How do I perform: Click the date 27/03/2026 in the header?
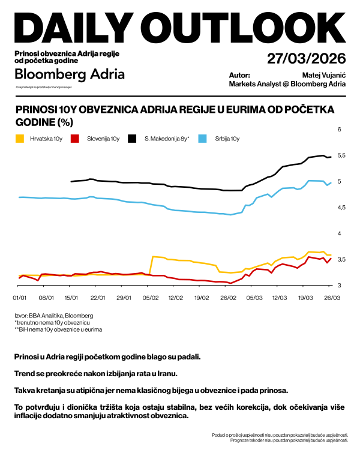click(307, 59)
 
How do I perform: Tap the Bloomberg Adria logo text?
click(70, 74)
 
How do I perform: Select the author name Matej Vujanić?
click(323, 76)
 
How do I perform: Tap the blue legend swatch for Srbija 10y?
click(202, 139)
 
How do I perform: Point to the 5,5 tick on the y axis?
click(341, 155)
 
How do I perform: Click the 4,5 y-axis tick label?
click(341, 208)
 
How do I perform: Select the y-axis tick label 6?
click(339, 130)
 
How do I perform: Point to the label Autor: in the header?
click(239, 76)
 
